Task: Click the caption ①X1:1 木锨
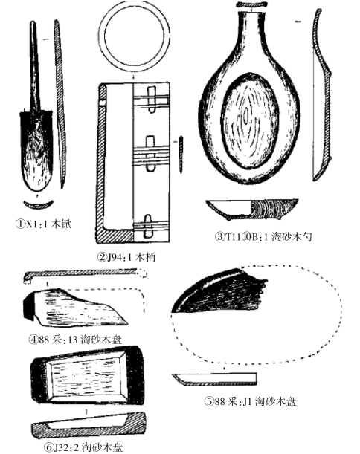pyautogui.click(x=43, y=224)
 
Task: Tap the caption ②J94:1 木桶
pyautogui.click(x=126, y=257)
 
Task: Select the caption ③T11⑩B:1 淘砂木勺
pyautogui.click(x=263, y=236)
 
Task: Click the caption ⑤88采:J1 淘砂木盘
pyautogui.click(x=250, y=401)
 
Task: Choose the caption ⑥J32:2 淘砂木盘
pyautogui.click(x=83, y=447)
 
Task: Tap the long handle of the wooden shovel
pyautogui.click(x=34, y=67)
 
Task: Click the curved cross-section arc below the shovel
pyautogui.click(x=39, y=205)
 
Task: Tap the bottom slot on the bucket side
pyautogui.click(x=148, y=227)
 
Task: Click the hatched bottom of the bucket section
pyautogui.click(x=116, y=236)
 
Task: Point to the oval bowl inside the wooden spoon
pyautogui.click(x=251, y=121)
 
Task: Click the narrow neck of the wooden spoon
pyautogui.click(x=251, y=32)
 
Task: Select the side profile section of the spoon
pyautogui.click(x=322, y=96)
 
